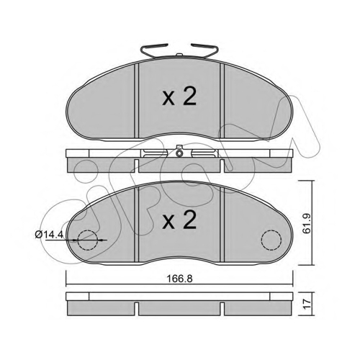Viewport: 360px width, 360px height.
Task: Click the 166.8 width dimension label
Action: (x=179, y=279)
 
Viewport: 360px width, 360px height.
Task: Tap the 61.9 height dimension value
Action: (x=307, y=223)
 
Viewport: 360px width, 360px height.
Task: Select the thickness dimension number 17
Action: (x=307, y=304)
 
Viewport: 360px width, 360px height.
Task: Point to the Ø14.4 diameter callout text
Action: (x=49, y=234)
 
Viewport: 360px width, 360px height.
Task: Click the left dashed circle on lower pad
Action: (x=88, y=240)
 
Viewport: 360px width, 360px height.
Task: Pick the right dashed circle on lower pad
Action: (x=271, y=240)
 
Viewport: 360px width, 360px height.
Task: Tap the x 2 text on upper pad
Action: (x=179, y=97)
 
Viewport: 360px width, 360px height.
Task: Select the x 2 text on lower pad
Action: (x=179, y=220)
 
